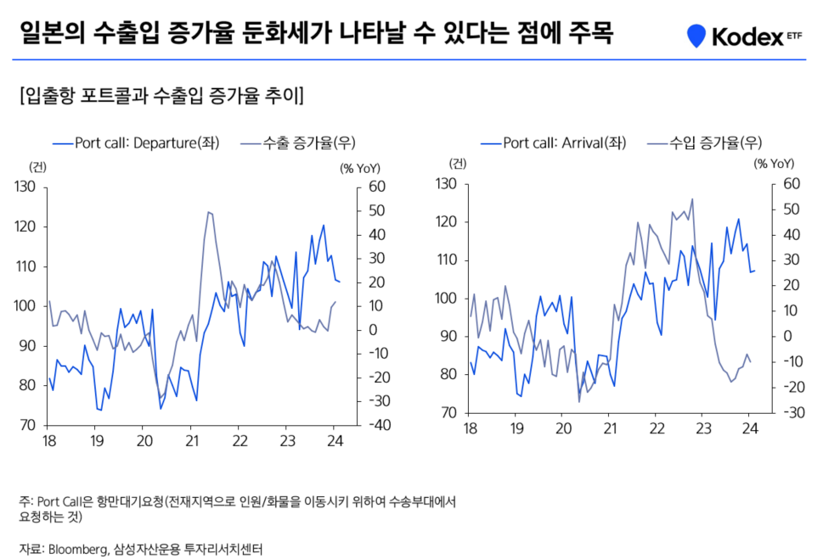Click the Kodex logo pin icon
(696, 36)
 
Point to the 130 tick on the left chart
(26, 187)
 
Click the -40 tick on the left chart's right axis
(374, 425)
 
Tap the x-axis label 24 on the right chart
(750, 428)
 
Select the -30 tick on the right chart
(791, 413)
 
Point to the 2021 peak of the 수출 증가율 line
(209, 212)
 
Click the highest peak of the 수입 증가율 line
(692, 199)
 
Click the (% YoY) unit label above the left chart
(360, 167)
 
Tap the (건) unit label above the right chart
(459, 163)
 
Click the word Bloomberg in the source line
(79, 548)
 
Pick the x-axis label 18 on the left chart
(48, 440)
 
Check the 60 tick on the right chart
(792, 184)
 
